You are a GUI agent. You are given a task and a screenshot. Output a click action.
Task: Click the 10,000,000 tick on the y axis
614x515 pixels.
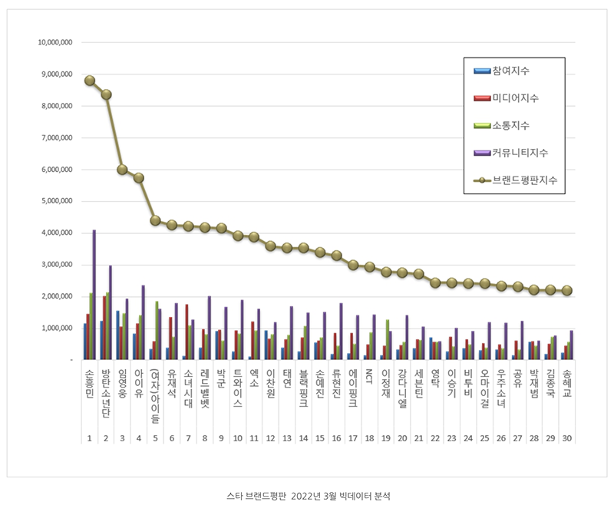(54, 43)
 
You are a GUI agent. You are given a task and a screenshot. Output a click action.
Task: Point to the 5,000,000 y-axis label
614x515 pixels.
(57, 201)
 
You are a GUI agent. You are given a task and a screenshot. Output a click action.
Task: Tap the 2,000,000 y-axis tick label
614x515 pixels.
(57, 296)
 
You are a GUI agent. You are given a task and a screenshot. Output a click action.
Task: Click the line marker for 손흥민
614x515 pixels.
(90, 81)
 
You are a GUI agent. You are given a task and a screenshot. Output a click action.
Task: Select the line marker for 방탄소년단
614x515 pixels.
(106, 94)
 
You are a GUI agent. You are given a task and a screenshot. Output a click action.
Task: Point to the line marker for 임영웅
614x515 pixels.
(122, 169)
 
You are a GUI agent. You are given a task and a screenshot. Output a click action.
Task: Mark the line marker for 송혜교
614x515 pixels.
(566, 290)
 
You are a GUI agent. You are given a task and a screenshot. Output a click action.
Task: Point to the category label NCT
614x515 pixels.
(369, 375)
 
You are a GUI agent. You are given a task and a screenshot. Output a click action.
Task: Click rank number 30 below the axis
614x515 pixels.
(566, 438)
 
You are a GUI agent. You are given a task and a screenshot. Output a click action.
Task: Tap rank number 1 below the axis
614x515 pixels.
(90, 438)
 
